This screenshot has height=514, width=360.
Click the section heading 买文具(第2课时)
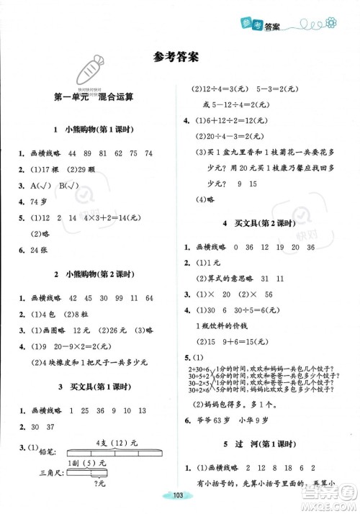[x=258, y=223]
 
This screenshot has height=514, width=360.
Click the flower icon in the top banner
[x=331, y=24]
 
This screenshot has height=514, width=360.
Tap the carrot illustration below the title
[x=91, y=71]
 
